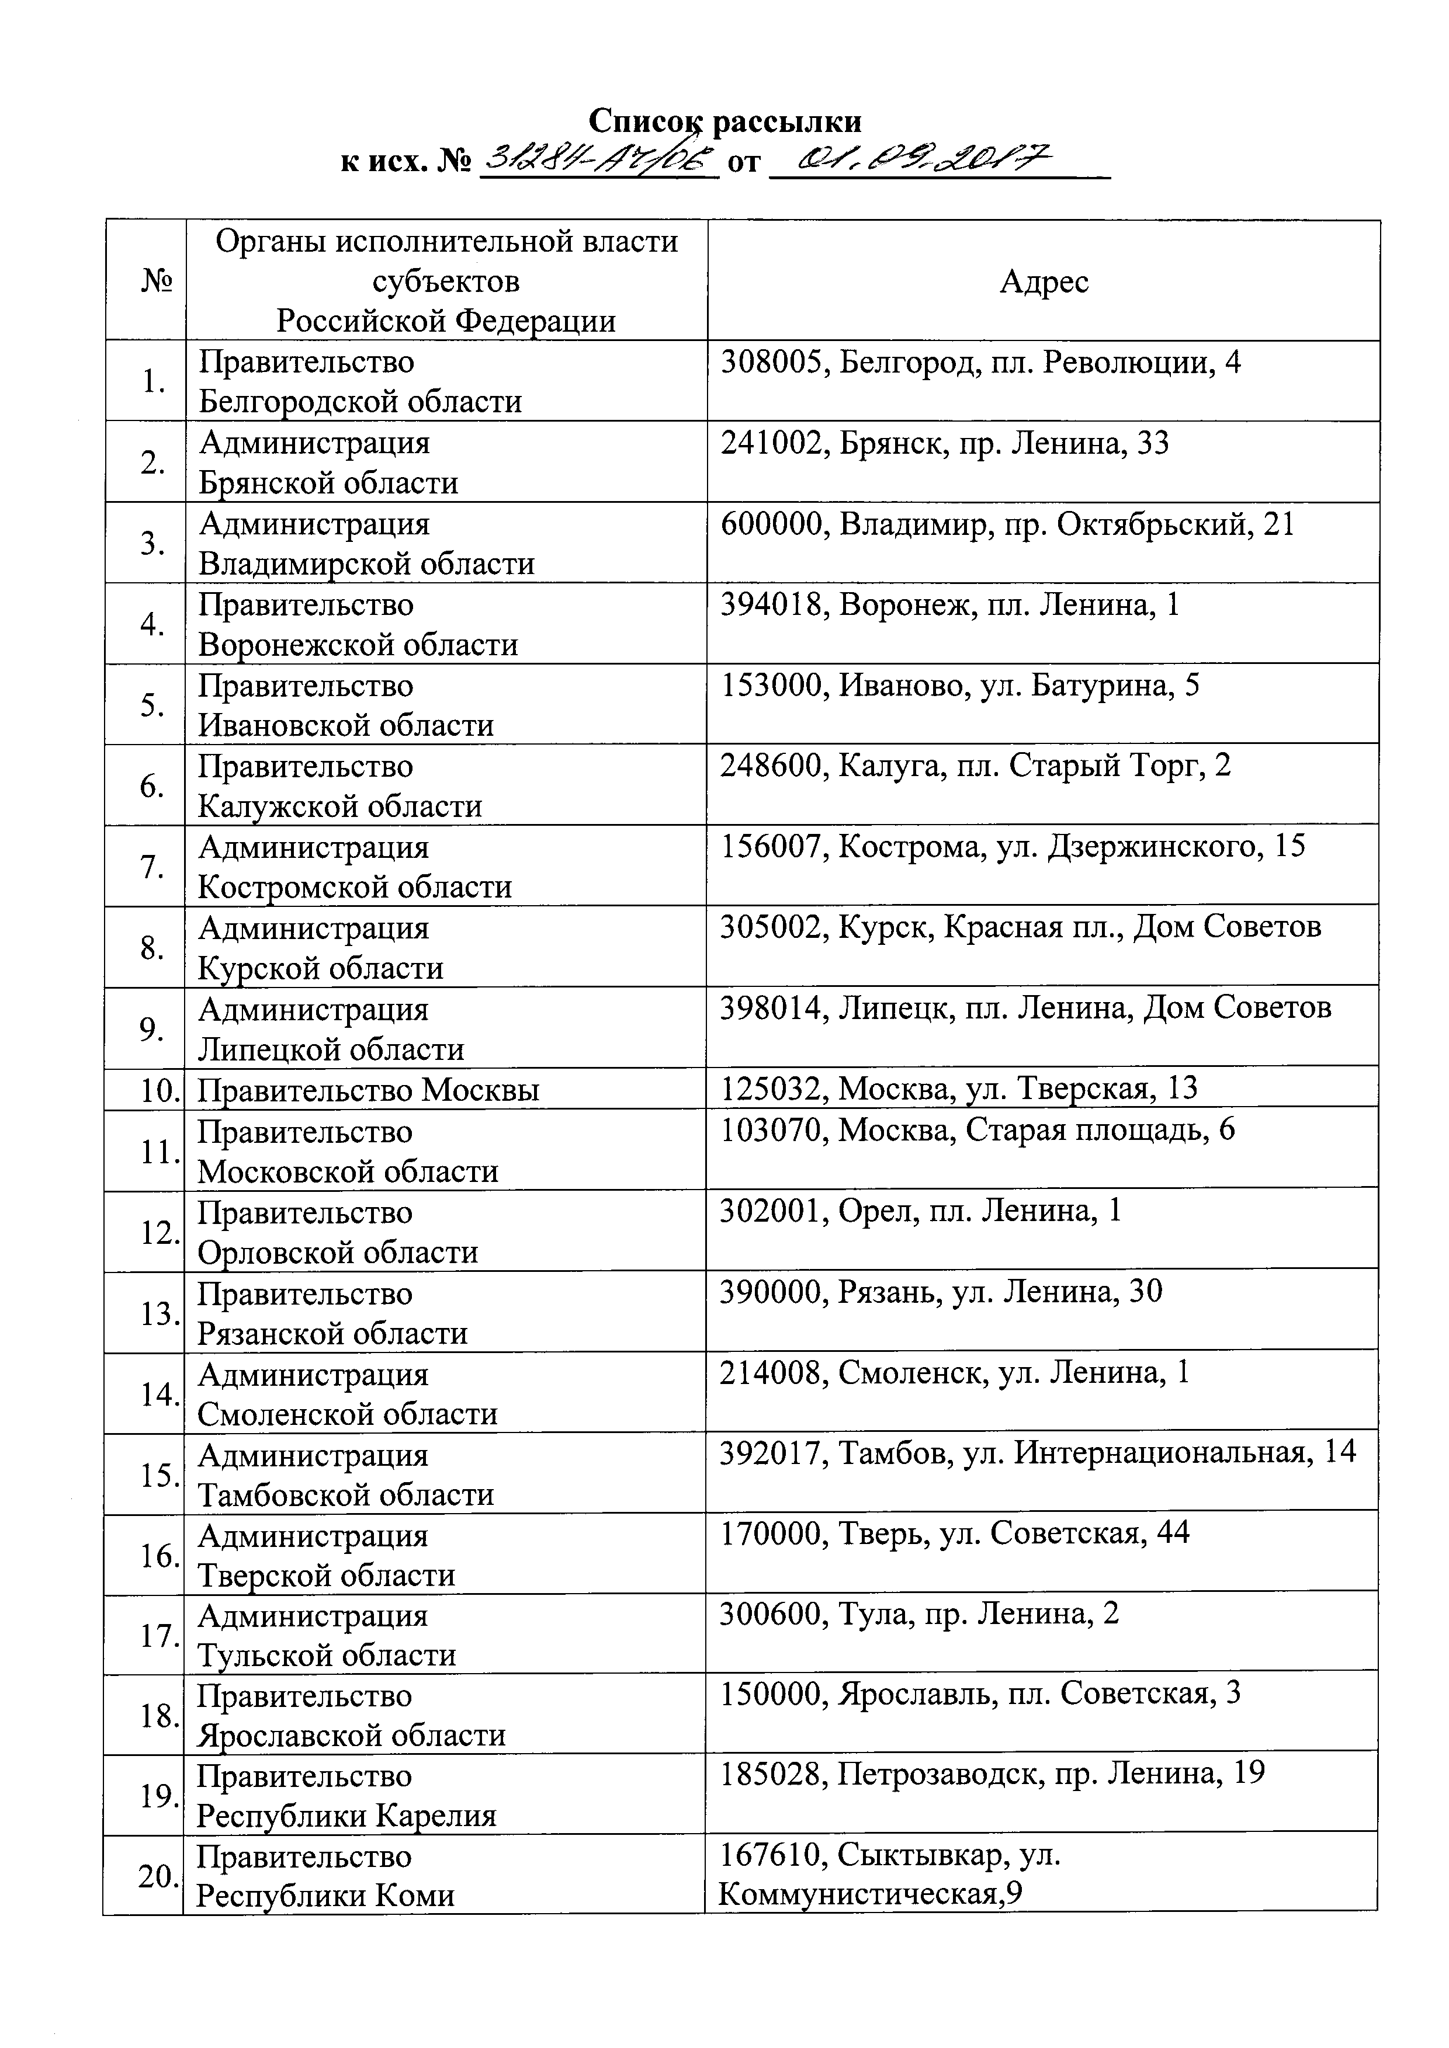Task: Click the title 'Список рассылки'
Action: point(724,120)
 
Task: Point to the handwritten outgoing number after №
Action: point(599,161)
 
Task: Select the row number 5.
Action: point(152,705)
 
